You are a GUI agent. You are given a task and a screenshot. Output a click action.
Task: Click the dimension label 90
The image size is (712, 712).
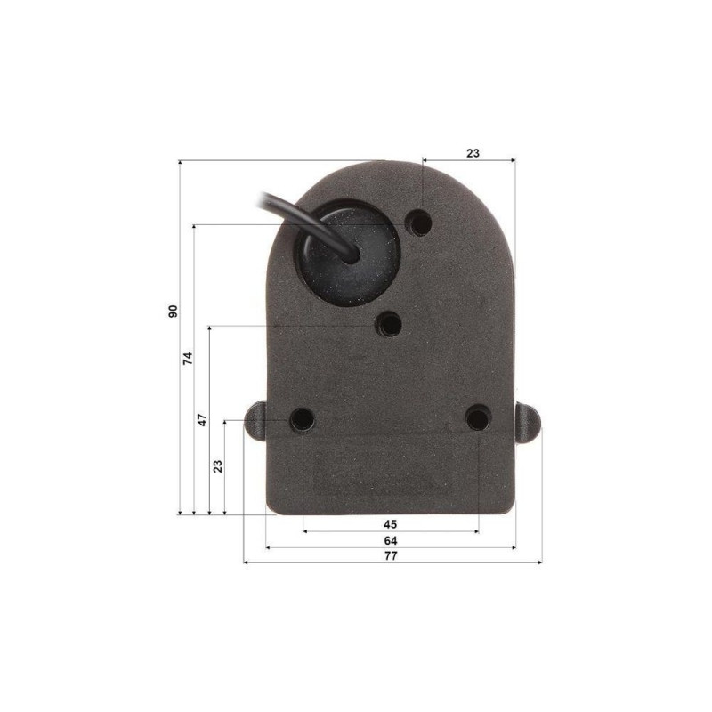(x=173, y=311)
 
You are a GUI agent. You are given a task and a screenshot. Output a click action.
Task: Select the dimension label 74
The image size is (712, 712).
(x=188, y=359)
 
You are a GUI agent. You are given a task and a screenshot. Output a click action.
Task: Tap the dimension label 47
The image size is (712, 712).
(x=203, y=419)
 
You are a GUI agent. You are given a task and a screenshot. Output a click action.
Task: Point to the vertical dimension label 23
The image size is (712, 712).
(x=218, y=466)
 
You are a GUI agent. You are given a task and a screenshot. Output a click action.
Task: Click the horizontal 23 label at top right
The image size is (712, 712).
(x=473, y=153)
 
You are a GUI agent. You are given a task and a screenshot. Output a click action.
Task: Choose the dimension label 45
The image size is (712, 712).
(x=390, y=524)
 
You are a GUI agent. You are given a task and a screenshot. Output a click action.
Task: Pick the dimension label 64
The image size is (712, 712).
(x=391, y=541)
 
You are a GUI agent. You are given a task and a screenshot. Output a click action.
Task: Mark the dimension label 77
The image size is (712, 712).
(x=391, y=555)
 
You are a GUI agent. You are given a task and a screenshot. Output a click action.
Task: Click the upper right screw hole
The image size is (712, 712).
(x=419, y=222)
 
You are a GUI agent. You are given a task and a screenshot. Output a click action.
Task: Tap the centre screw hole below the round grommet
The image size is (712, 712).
(x=389, y=324)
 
